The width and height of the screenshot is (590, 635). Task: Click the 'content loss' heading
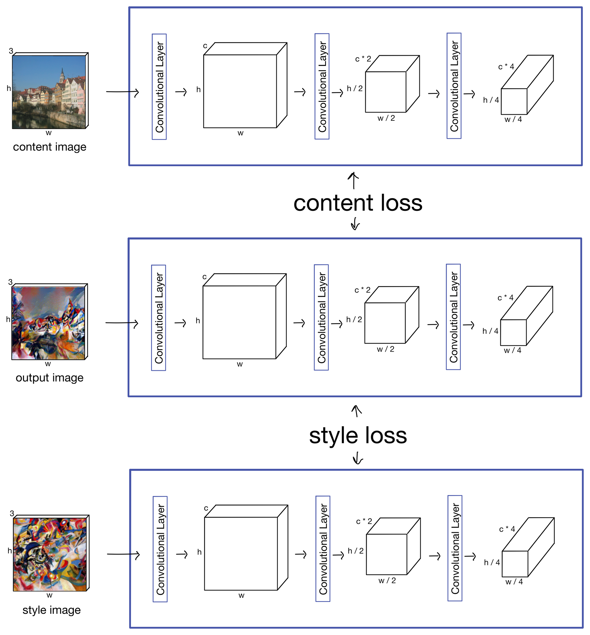tap(358, 203)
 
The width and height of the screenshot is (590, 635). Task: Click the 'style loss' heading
tap(358, 435)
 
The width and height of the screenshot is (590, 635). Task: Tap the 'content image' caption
tap(50, 147)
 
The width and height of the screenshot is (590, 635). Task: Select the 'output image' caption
tap(50, 378)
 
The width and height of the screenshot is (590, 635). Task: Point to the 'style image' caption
tap(51, 610)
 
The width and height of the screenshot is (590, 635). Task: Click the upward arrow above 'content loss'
tap(353, 180)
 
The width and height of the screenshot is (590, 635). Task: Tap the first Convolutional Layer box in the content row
tap(159, 86)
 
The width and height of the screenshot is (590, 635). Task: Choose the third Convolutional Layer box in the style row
tap(455, 549)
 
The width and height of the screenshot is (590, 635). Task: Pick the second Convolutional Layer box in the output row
tap(321, 318)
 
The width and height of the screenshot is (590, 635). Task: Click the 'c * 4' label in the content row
tap(506, 67)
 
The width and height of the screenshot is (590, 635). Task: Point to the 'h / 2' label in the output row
tap(354, 319)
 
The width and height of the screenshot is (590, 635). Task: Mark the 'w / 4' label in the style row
tap(514, 582)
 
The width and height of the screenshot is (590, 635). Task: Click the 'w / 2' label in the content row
tap(386, 118)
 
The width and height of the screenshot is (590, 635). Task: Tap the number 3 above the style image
tap(12, 513)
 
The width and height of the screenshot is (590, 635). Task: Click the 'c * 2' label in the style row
tap(364, 521)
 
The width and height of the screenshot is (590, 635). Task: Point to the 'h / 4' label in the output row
tap(490, 331)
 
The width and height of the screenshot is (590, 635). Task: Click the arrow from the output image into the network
tap(122, 323)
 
